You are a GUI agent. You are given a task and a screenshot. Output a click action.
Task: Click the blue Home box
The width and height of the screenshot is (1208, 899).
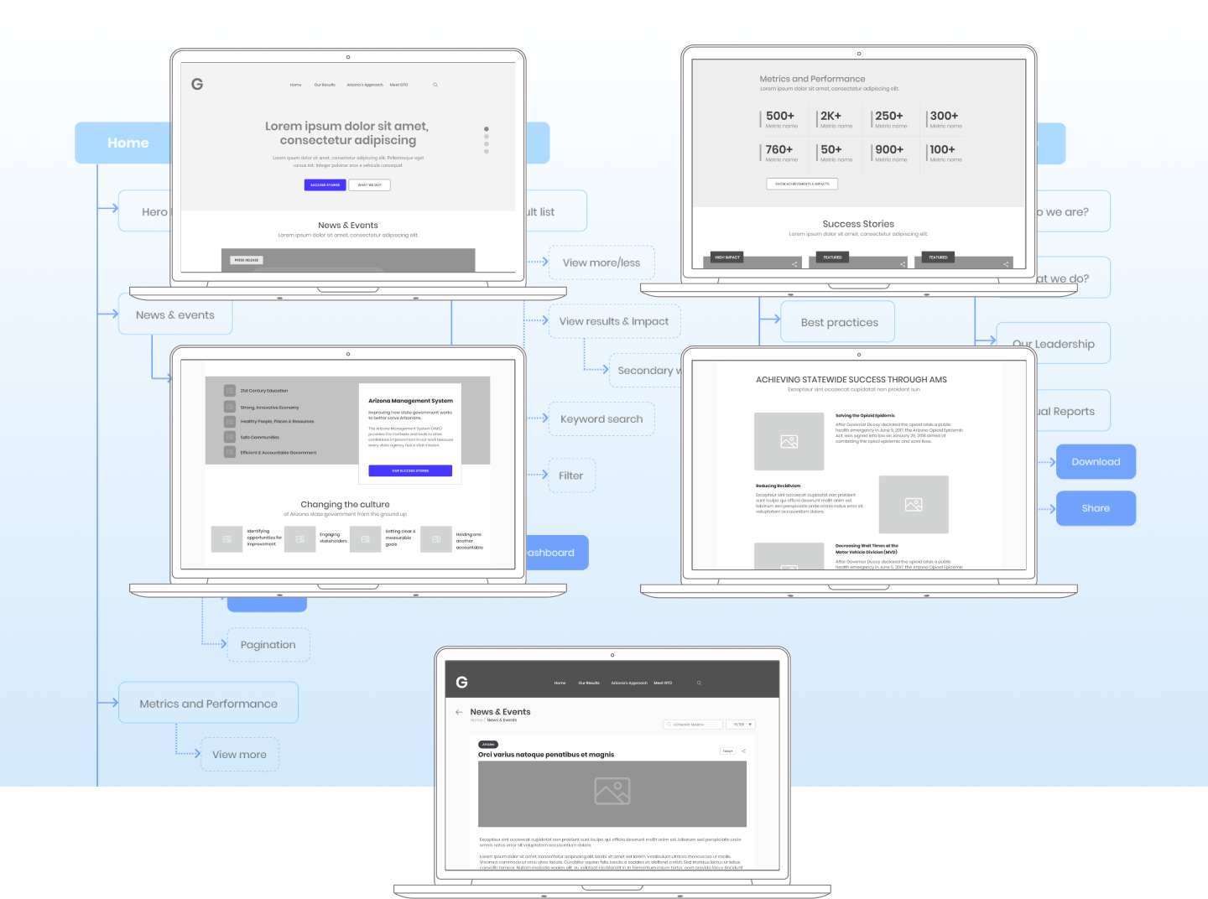click(x=126, y=143)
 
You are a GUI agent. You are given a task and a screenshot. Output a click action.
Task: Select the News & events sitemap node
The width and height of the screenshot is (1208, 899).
click(x=175, y=315)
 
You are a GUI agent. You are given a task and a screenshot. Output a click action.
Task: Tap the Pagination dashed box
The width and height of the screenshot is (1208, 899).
click(x=268, y=645)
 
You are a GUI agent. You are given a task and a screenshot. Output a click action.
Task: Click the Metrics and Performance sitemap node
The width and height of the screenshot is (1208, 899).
click(x=208, y=704)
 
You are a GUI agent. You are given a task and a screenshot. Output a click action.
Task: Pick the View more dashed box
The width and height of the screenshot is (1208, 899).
click(x=239, y=755)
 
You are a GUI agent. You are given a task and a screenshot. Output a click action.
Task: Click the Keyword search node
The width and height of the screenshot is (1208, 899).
click(x=601, y=419)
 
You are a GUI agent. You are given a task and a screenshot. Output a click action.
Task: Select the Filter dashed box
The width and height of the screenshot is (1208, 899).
click(x=571, y=475)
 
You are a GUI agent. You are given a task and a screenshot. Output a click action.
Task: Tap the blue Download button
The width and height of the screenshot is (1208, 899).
click(x=1096, y=462)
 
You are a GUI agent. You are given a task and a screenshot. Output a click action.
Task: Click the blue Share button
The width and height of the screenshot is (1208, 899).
click(x=1096, y=508)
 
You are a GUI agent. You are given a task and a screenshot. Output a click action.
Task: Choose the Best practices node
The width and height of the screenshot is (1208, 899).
click(x=839, y=323)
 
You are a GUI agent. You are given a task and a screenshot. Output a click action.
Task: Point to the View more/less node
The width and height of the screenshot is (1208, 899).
click(x=601, y=262)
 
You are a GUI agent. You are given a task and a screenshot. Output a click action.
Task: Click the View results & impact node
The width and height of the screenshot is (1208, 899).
click(x=614, y=321)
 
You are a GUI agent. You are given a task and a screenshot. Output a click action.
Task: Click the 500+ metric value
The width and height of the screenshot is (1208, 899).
click(x=780, y=116)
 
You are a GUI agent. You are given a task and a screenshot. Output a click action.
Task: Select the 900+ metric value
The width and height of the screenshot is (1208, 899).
click(x=889, y=149)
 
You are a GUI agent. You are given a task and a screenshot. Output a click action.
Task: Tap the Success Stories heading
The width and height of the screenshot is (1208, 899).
click(x=858, y=224)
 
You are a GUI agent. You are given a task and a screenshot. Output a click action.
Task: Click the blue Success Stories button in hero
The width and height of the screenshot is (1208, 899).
click(x=325, y=184)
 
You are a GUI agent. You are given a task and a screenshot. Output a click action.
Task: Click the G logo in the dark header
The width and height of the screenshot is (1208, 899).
click(x=461, y=682)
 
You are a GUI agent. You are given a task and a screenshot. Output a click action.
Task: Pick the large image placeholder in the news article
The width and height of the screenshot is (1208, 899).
click(x=612, y=793)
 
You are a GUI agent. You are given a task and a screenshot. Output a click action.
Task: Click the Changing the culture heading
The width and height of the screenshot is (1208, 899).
click(x=345, y=505)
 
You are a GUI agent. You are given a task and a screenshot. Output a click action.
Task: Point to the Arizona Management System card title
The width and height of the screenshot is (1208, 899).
click(x=410, y=401)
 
